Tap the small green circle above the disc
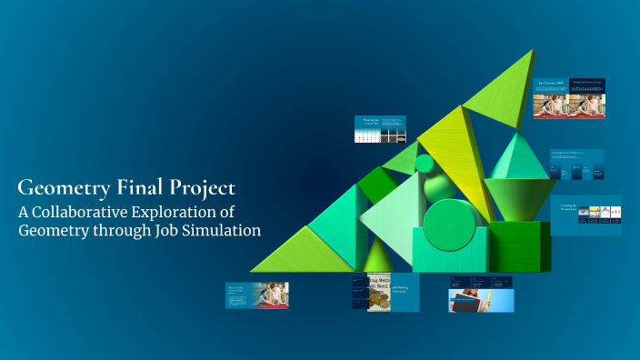click(425, 164)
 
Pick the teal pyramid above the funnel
click(519, 156)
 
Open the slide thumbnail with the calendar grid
click(379, 129)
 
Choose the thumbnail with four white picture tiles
click(586, 215)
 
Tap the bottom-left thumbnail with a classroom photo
click(257, 295)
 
